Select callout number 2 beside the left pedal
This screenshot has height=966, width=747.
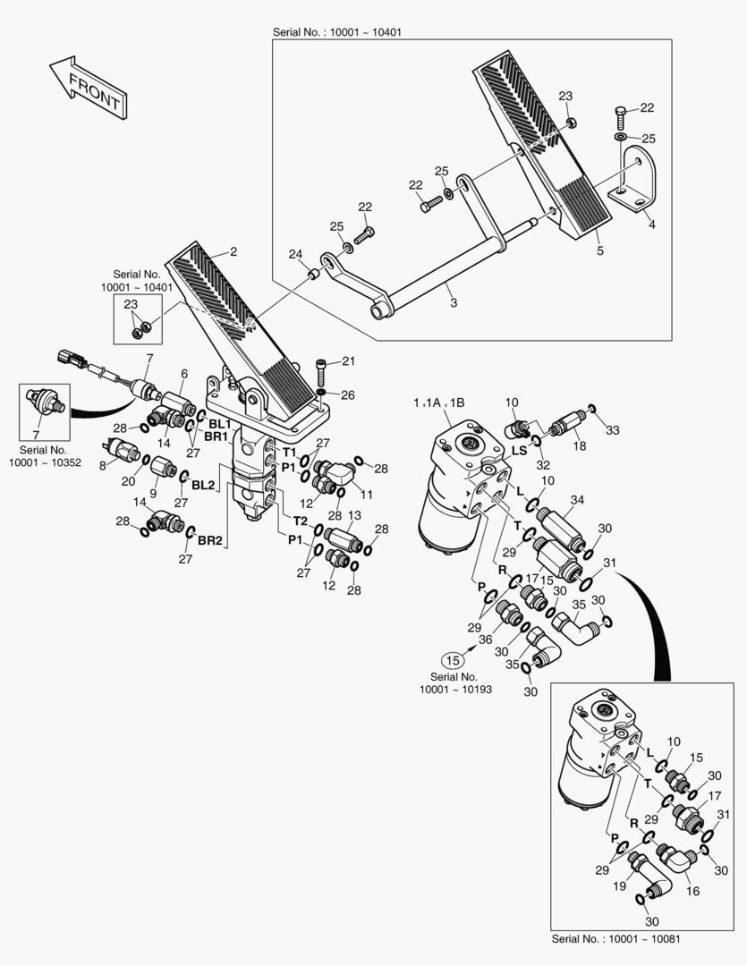233,252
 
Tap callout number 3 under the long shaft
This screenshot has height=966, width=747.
454,303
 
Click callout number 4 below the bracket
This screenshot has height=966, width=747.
651,225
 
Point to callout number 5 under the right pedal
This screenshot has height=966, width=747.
600,251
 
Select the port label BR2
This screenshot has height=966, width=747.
210,540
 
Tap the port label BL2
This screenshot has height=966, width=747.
203,485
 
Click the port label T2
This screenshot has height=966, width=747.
301,521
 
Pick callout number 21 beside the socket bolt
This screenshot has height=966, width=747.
348,361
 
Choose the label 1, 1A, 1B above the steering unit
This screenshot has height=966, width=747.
438,404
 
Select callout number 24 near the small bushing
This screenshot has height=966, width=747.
295,254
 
